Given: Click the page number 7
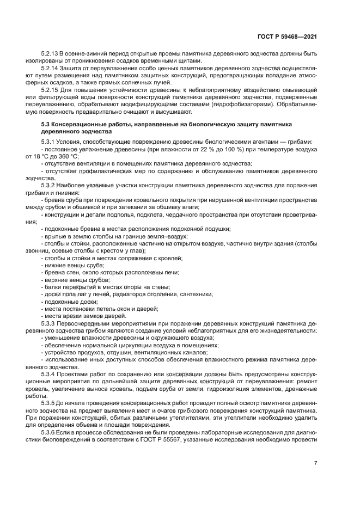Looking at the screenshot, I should [x=315, y=463].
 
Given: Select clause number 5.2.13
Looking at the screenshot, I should [x=51, y=54].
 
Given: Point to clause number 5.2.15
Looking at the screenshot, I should [x=51, y=89].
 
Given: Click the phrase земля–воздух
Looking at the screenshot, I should [x=169, y=236].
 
